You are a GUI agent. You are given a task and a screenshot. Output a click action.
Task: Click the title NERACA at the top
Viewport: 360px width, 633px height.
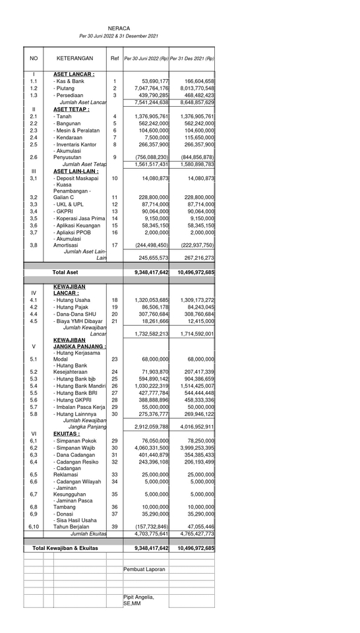coord(119,28)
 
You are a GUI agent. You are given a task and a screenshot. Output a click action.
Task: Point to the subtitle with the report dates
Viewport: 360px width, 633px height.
coord(119,36)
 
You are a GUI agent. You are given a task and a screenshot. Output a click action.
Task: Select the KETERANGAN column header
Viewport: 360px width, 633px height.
coord(75,58)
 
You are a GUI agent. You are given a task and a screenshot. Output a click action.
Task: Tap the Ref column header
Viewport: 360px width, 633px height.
coord(115,58)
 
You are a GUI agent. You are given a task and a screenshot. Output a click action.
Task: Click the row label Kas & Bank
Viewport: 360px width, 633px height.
coord(70,81)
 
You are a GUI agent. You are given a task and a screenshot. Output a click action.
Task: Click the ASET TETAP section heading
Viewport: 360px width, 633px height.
coord(75,109)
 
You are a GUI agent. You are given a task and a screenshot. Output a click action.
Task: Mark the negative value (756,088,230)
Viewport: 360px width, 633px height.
coord(152,157)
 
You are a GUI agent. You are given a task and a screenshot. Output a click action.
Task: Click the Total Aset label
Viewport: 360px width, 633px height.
coord(65,272)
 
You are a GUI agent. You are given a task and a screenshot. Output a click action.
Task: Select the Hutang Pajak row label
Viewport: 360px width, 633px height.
coord(73,307)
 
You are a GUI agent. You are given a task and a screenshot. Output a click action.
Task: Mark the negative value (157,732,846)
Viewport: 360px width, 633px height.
coord(152,527)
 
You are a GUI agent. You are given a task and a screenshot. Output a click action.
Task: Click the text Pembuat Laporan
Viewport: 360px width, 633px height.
coord(144,568)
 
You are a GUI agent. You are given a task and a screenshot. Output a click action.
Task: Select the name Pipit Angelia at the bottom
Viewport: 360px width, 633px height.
coord(138,597)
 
